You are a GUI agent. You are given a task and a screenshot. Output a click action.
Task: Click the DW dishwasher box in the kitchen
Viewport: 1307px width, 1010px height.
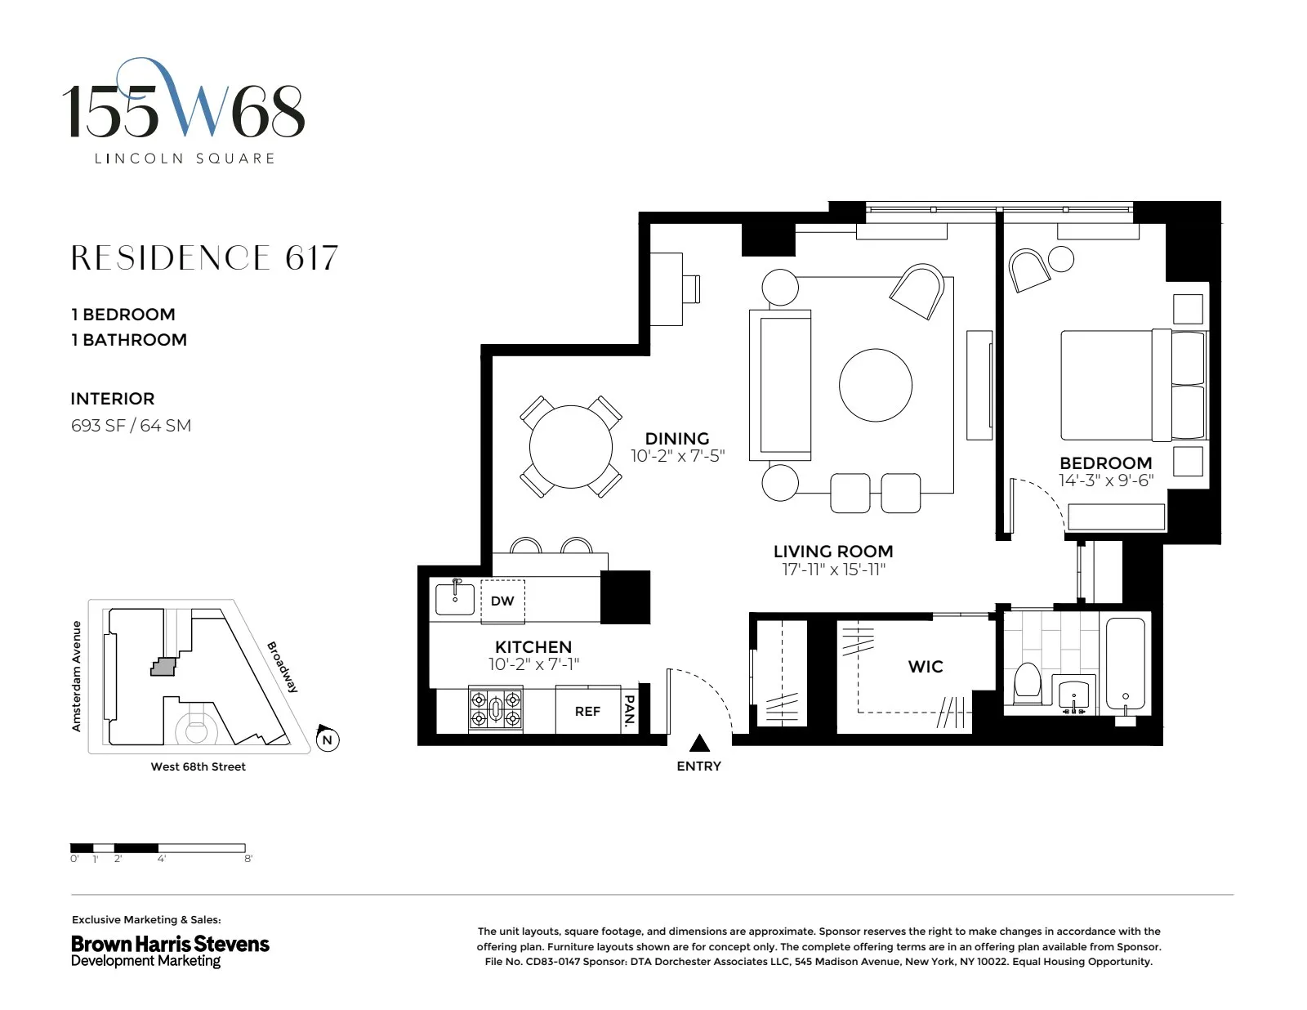pos(502,601)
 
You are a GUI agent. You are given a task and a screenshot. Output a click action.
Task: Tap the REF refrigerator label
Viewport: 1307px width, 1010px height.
pos(587,712)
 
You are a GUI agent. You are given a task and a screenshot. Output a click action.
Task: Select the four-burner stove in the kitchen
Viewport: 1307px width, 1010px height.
pos(495,708)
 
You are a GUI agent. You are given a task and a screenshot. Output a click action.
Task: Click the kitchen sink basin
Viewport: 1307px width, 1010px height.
pos(455,598)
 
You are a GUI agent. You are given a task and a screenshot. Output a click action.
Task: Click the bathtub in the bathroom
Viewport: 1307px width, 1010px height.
pos(1126,664)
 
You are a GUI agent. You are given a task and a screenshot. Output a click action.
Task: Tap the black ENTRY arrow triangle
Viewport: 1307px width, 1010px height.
pos(699,743)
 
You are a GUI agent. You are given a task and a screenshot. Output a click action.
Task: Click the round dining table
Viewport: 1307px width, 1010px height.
pos(570,447)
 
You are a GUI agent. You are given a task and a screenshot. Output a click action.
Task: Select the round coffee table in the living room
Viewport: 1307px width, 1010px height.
pos(876,385)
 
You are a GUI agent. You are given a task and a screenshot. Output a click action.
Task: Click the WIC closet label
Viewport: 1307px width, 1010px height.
pos(926,667)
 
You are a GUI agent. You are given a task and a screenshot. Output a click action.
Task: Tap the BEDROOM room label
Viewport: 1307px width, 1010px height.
pos(1105,463)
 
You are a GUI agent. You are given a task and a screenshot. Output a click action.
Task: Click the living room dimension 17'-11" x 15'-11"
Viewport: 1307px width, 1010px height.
pos(833,570)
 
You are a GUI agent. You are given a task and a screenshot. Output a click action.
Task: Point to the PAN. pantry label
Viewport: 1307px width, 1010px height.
pos(630,711)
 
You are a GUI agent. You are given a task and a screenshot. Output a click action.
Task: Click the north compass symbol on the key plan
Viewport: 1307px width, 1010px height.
pos(327,740)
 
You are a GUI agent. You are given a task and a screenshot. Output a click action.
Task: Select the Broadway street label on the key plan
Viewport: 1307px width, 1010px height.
pos(283,667)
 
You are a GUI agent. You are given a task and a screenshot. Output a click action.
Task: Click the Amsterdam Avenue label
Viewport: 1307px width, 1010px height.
pos(77,676)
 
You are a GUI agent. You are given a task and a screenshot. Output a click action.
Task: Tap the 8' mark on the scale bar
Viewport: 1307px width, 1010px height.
pos(248,859)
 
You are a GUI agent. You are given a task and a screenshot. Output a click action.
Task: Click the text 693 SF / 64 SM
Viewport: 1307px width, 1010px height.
pos(131,426)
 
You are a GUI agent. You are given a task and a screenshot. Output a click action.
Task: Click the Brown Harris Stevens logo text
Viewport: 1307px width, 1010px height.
pos(170,944)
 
